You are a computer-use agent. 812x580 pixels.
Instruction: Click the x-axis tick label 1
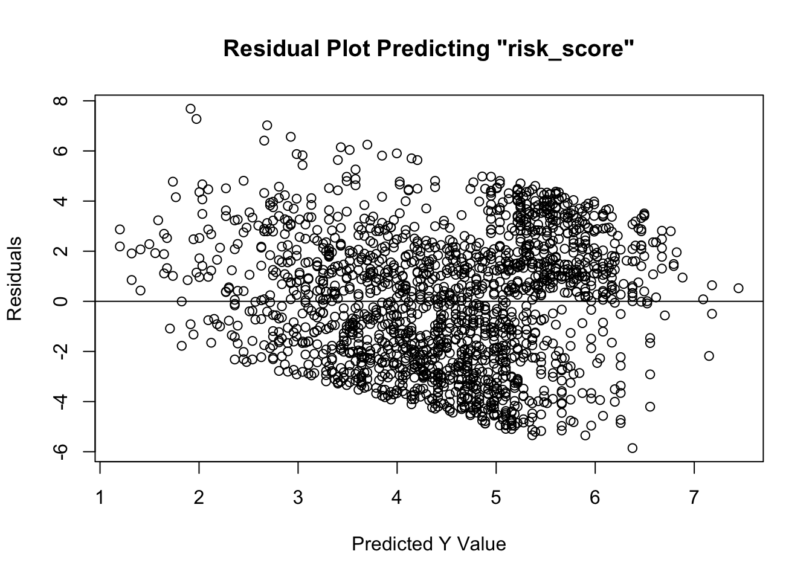click(x=100, y=498)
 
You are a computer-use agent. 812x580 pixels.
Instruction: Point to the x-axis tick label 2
click(x=199, y=498)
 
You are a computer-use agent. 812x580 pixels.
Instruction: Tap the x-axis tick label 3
click(x=298, y=498)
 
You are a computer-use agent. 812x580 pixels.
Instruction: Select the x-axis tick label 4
click(x=397, y=498)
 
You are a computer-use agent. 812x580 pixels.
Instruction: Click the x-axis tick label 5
click(x=496, y=498)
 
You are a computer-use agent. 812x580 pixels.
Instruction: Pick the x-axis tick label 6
click(x=595, y=498)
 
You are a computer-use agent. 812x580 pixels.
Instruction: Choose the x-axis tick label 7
click(x=694, y=498)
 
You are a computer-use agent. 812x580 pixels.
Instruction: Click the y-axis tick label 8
click(x=61, y=100)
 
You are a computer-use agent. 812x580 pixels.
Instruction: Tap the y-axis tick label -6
click(x=61, y=451)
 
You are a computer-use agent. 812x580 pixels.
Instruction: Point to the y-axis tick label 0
click(x=61, y=301)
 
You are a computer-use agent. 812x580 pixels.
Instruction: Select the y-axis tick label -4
click(x=61, y=401)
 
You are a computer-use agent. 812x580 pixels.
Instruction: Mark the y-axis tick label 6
click(x=61, y=150)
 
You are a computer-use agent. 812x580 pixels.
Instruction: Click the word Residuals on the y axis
click(x=15, y=278)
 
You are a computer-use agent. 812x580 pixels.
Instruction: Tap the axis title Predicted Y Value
click(x=428, y=544)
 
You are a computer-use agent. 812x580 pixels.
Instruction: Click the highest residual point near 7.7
click(x=190, y=109)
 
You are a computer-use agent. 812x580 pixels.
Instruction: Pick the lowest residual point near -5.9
click(x=633, y=448)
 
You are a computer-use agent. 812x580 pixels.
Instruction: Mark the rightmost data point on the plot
click(x=738, y=288)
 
